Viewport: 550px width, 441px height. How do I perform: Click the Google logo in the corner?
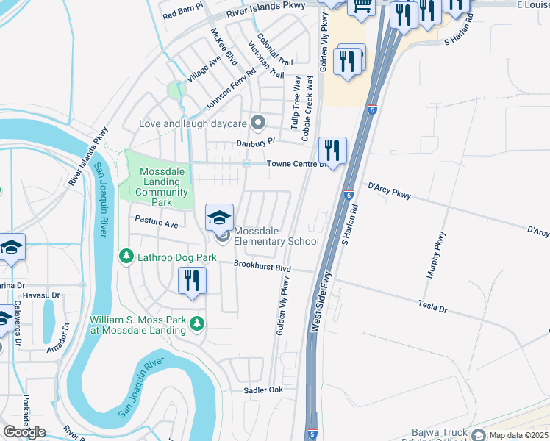[24, 432]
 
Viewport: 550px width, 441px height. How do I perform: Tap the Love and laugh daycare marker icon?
[257, 122]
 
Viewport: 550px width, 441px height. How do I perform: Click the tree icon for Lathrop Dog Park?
[126, 257]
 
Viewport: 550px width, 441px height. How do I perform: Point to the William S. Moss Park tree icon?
[196, 323]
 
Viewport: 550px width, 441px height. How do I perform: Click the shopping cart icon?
[361, 6]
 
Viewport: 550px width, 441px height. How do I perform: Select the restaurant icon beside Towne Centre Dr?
[332, 151]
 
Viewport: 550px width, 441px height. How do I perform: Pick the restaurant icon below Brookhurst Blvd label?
[192, 281]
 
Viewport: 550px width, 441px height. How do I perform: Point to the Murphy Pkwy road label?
[435, 255]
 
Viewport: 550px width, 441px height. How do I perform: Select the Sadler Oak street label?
[263, 390]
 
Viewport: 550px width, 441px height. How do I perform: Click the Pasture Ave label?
[156, 221]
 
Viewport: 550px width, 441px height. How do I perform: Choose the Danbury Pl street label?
[255, 142]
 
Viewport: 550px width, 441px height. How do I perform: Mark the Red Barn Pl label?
[182, 14]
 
